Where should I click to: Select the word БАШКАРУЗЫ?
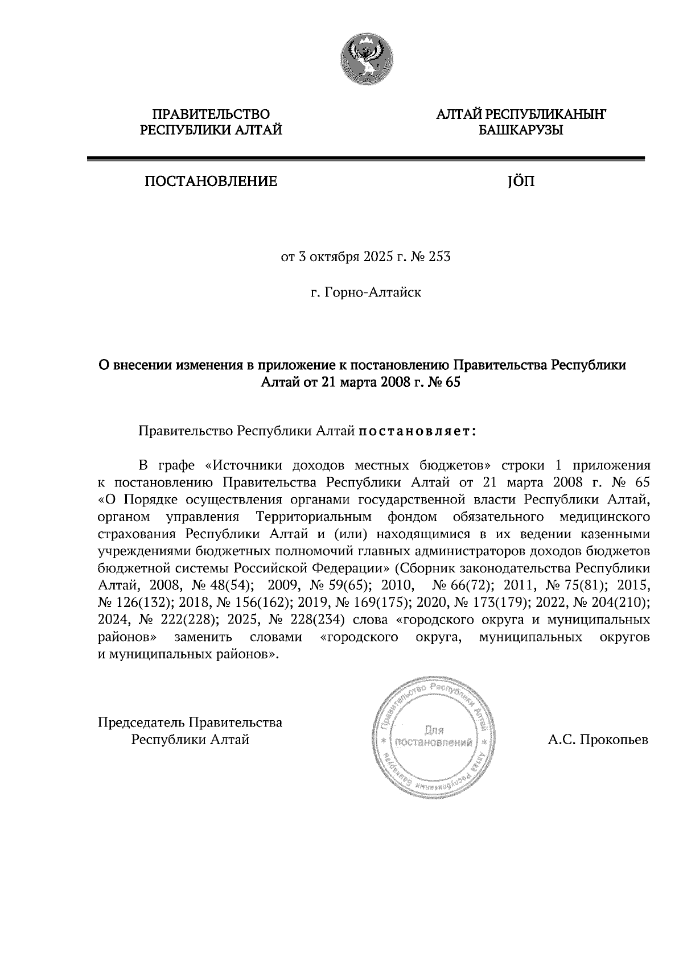point(521,131)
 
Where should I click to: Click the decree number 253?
point(439,257)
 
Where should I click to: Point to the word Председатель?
point(141,723)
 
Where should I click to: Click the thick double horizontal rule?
point(365,159)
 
